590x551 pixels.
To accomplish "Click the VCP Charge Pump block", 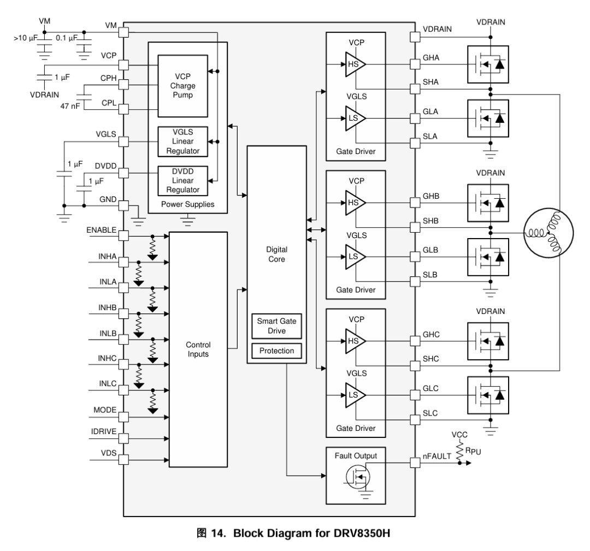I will click(182, 86).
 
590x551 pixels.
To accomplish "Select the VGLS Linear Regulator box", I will click(182, 141).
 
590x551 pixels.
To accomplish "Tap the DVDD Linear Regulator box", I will click(182, 180).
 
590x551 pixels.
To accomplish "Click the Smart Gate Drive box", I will click(276, 325).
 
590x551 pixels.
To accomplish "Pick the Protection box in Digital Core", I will click(276, 351).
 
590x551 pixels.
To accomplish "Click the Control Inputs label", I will click(198, 349).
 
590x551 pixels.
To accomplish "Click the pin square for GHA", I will click(415, 64).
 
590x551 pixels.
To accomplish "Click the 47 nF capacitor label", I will click(71, 105).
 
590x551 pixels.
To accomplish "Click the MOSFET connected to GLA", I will click(488, 117).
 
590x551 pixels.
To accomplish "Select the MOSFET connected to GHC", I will click(488, 341).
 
